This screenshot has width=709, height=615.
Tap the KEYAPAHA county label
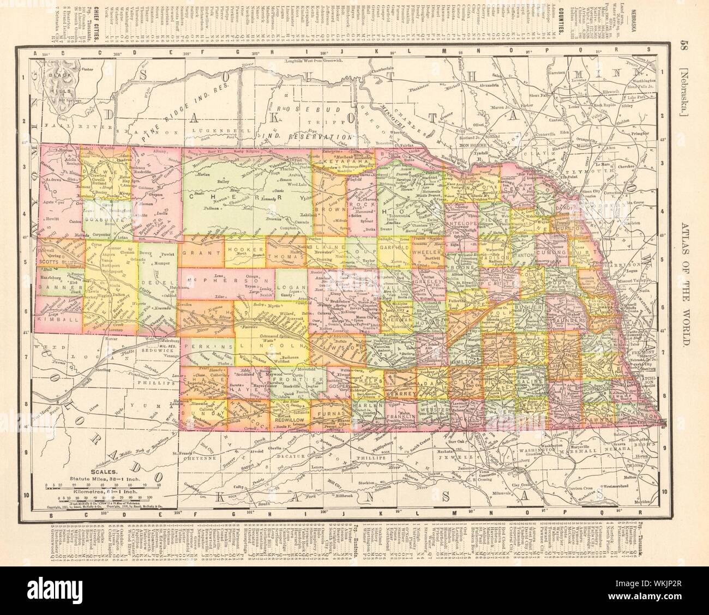click(x=343, y=161)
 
